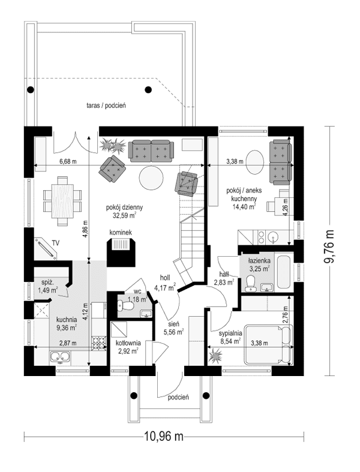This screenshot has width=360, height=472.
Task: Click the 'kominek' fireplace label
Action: point(121,232)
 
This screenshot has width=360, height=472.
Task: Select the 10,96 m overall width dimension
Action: point(163,437)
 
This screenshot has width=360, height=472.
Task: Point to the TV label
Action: point(55,242)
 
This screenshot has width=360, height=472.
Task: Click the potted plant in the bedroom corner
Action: point(215,357)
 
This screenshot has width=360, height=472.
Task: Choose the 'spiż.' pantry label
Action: point(49,282)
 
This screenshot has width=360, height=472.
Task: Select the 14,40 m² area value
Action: point(244,206)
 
